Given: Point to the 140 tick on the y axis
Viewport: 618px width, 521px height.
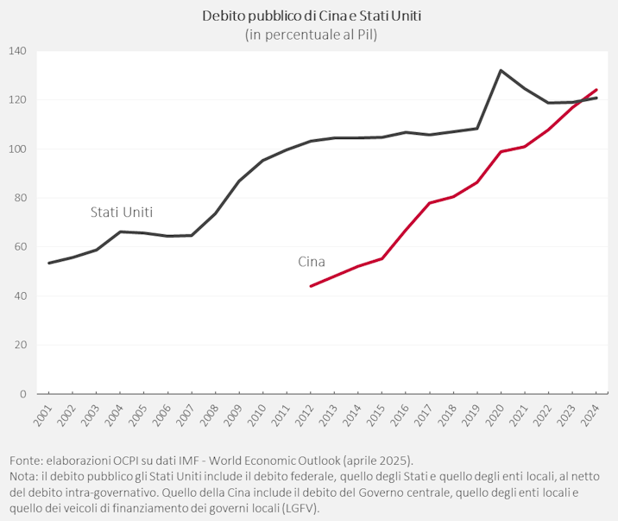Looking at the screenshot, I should tap(17, 51).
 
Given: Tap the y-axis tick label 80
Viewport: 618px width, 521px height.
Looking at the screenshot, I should tap(20, 198).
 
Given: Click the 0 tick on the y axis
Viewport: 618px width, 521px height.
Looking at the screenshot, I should tap(23, 394).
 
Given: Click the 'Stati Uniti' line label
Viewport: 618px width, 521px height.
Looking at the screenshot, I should tap(122, 212).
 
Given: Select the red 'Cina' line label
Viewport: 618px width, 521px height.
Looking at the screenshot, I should tap(312, 262).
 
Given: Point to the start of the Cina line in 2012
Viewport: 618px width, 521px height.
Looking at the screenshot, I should tap(311, 286).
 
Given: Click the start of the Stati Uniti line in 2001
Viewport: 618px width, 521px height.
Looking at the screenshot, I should tap(48, 263).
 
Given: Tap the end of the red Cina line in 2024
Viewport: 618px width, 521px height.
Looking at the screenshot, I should tap(596, 90).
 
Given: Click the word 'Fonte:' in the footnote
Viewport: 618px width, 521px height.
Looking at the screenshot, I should tap(28, 461).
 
